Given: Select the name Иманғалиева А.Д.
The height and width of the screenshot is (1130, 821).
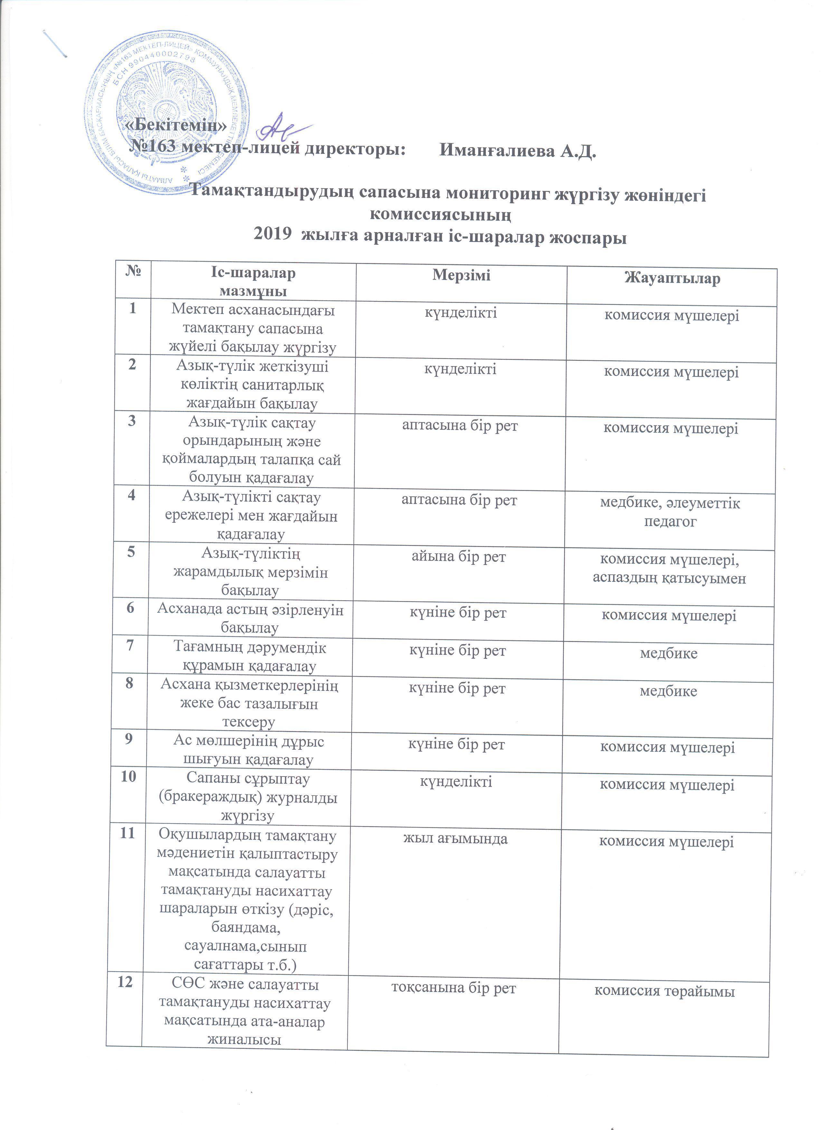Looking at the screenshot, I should [518, 150].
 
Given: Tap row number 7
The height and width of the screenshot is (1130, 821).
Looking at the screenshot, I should [130, 645].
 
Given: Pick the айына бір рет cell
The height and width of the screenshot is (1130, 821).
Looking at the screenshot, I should [458, 557].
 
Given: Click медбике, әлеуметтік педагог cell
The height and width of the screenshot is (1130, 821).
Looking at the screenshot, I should [670, 512].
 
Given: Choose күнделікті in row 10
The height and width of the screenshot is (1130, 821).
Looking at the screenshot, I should [456, 781].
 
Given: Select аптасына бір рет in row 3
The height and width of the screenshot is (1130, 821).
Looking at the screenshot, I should [460, 426].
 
